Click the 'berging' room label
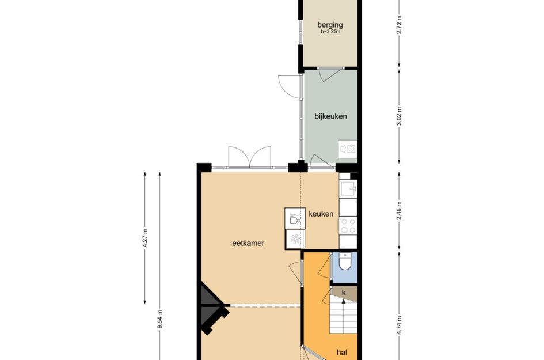(330, 25)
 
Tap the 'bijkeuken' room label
(330, 116)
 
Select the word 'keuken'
(321, 214)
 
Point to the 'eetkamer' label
(248, 244)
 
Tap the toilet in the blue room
(344, 263)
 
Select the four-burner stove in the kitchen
(348, 225)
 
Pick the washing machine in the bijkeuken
(348, 149)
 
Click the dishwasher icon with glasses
(294, 218)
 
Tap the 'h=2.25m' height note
(330, 32)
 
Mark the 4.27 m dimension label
(146, 237)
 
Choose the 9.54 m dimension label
(159, 318)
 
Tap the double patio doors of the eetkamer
(249, 157)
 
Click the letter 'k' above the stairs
(344, 293)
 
